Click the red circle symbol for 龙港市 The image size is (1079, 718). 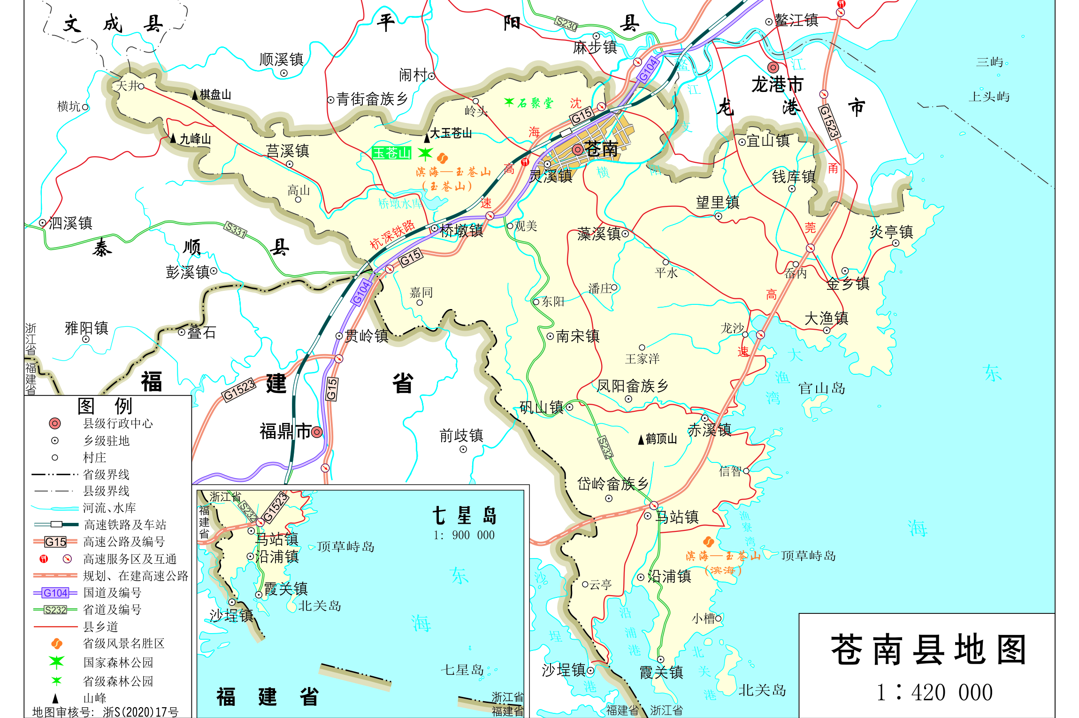[x=773, y=68]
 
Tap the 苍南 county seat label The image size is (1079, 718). [x=601, y=150]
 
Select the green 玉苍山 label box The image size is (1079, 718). [x=391, y=153]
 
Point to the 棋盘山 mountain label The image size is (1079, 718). [x=215, y=95]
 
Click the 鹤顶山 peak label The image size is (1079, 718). [x=661, y=439]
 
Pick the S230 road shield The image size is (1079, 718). [x=566, y=23]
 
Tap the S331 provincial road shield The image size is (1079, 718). [x=235, y=229]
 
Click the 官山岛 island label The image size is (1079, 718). [x=821, y=388]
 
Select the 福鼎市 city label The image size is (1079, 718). [x=285, y=431]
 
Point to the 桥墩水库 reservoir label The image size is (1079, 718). [x=400, y=204]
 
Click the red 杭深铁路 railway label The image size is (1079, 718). [x=392, y=234]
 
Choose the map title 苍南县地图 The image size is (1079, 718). [x=928, y=650]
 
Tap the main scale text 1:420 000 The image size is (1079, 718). [x=934, y=692]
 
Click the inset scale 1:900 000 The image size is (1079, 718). [x=464, y=535]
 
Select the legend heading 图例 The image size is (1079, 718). [x=105, y=406]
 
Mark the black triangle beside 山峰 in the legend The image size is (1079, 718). [x=55, y=698]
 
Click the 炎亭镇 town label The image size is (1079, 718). [x=891, y=232]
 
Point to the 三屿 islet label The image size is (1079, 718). [x=989, y=62]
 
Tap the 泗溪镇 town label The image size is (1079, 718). [x=70, y=223]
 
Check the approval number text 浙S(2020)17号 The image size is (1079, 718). [x=140, y=712]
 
